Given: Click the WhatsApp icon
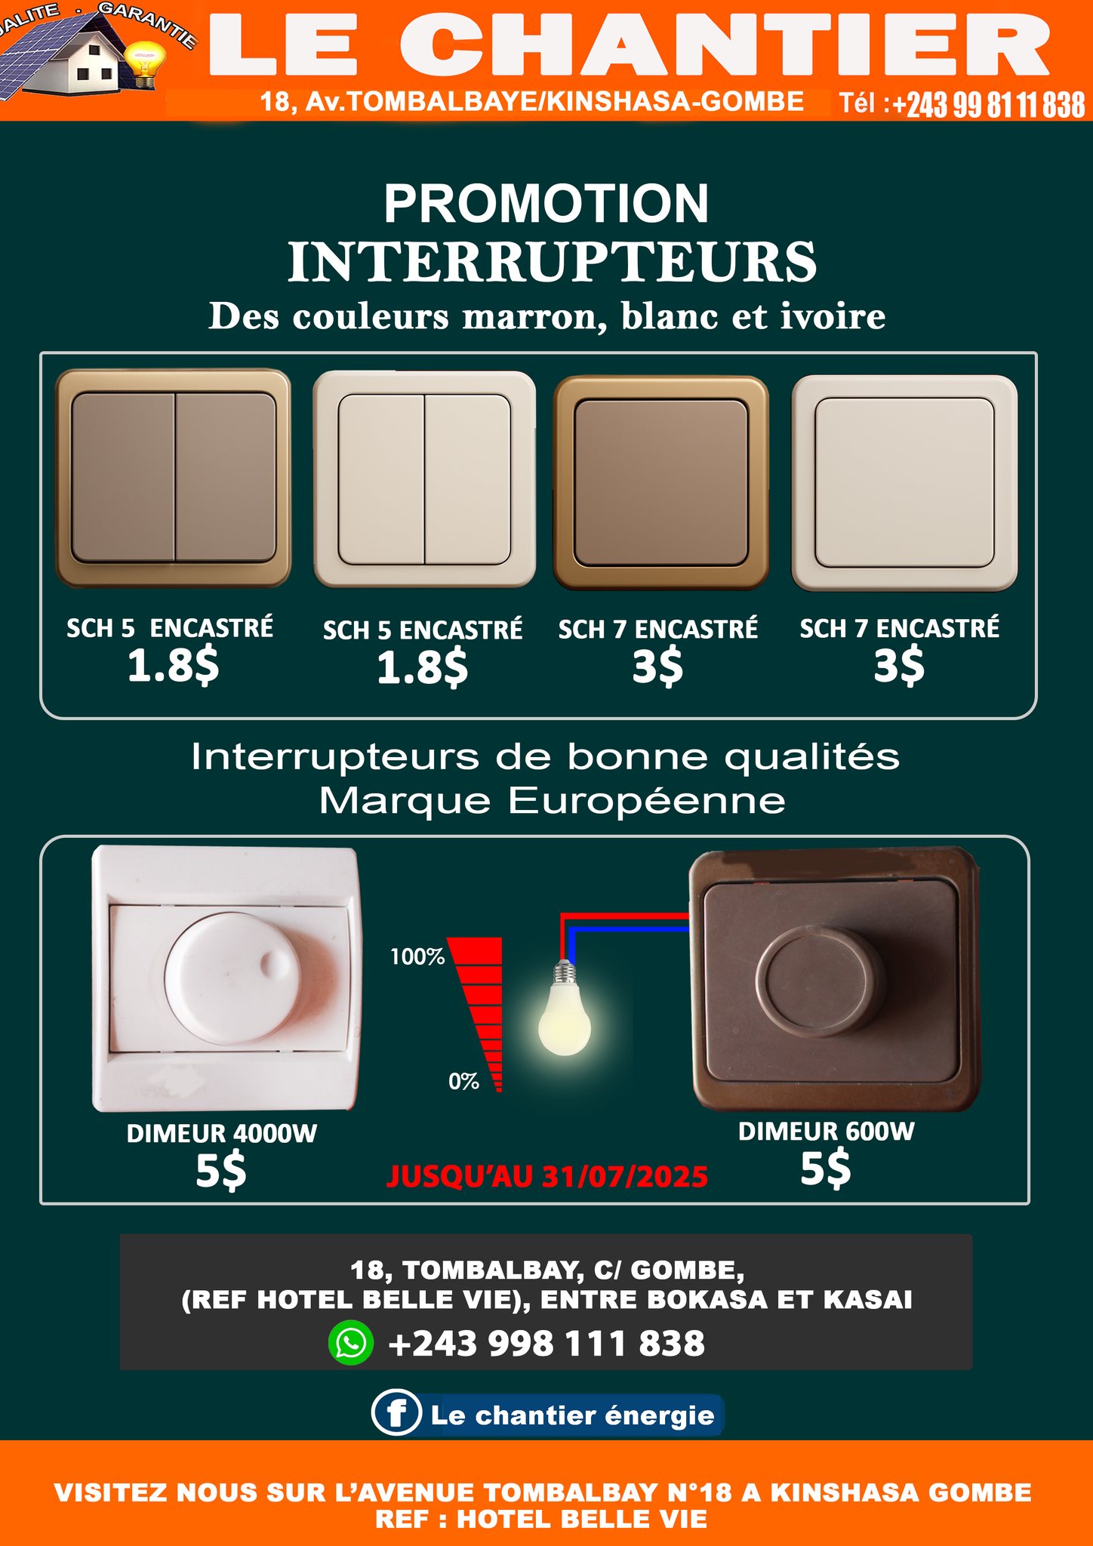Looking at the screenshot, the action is pyautogui.click(x=351, y=1343).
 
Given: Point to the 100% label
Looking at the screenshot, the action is pyautogui.click(x=417, y=957).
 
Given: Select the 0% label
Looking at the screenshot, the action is pyautogui.click(x=463, y=1082).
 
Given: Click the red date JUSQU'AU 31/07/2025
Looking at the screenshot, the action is pyautogui.click(x=547, y=1177).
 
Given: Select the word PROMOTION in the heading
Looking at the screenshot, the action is pyautogui.click(x=546, y=204).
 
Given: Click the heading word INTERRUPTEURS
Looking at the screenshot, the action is pyautogui.click(x=553, y=262).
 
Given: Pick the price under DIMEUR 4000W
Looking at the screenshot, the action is pyautogui.click(x=220, y=1171).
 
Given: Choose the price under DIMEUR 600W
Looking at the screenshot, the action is pyautogui.click(x=825, y=1169).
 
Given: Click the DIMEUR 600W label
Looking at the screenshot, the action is pyautogui.click(x=827, y=1132).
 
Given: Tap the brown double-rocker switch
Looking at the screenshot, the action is pyautogui.click(x=174, y=478).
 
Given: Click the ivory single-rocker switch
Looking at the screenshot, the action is pyautogui.click(x=904, y=483).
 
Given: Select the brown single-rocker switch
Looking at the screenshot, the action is pyautogui.click(x=661, y=483).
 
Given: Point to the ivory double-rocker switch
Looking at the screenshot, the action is pyautogui.click(x=424, y=479).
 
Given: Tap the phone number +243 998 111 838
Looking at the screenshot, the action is pyautogui.click(x=546, y=1344).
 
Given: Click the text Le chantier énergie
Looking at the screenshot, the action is pyautogui.click(x=572, y=1415).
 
